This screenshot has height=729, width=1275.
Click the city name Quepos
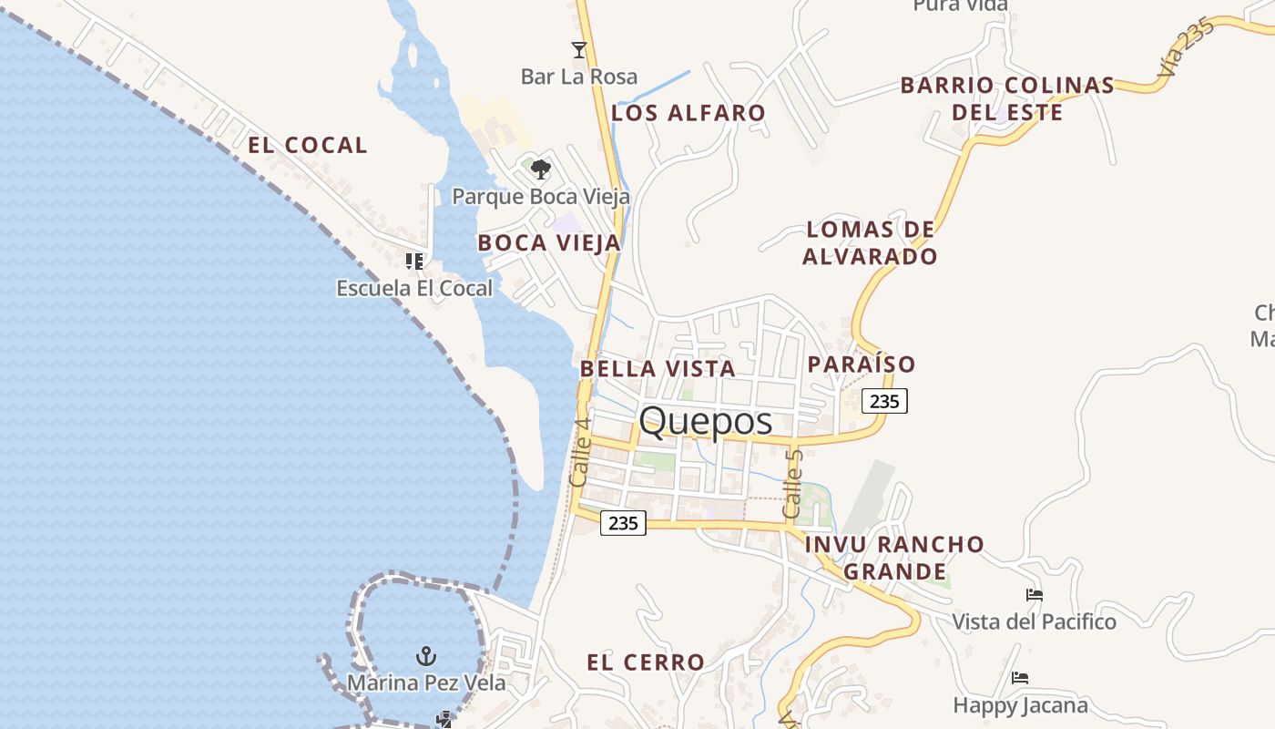pyautogui.click(x=706, y=421)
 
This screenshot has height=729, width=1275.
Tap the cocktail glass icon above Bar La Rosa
pyautogui.click(x=578, y=49)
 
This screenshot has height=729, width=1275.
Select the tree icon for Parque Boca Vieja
pyautogui.click(x=541, y=169)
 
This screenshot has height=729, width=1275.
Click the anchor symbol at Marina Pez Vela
pyautogui.click(x=425, y=655)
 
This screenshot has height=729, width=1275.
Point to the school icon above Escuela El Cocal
pyautogui.click(x=414, y=262)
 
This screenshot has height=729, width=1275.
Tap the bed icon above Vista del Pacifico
pyautogui.click(x=1034, y=595)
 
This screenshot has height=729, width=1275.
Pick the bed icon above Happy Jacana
pyautogui.click(x=1020, y=678)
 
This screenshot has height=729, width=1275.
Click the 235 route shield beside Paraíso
pyautogui.click(x=884, y=401)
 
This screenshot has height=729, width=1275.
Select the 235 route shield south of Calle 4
pyautogui.click(x=623, y=523)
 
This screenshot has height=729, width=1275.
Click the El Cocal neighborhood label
pyautogui.click(x=308, y=145)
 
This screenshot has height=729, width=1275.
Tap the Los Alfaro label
pyautogui.click(x=688, y=113)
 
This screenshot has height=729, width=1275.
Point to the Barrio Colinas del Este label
pyautogui.click(x=1007, y=98)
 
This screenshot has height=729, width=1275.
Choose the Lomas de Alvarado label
pyautogui.click(x=870, y=242)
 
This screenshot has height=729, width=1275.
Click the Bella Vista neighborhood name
pyautogui.click(x=658, y=368)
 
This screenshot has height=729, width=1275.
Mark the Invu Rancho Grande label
pyautogui.click(x=894, y=558)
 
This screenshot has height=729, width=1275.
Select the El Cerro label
pyautogui.click(x=646, y=662)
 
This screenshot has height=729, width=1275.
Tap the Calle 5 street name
pyautogui.click(x=793, y=483)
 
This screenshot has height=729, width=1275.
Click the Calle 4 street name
pyautogui.click(x=580, y=452)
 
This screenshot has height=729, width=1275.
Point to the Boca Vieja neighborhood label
pyautogui.click(x=549, y=242)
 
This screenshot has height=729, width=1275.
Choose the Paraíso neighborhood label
pyautogui.click(x=862, y=364)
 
